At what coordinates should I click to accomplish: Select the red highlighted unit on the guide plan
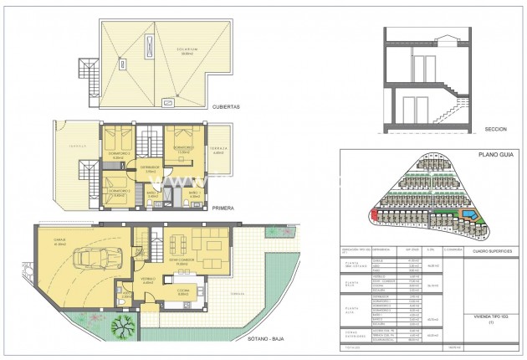click(372, 217)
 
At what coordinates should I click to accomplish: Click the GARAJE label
click(60, 240)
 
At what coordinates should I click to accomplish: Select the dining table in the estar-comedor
click(181, 244)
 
